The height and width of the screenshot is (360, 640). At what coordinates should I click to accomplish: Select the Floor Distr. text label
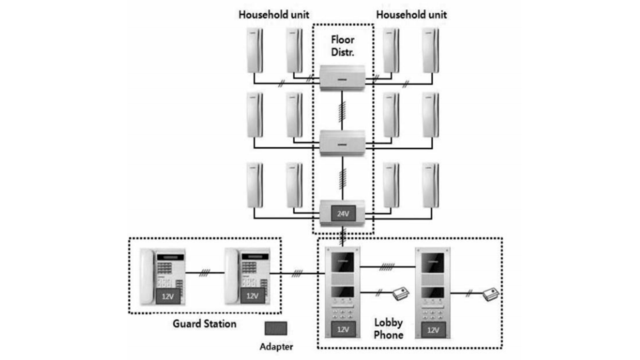point(342,47)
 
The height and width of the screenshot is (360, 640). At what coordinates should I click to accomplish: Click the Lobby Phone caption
point(389,329)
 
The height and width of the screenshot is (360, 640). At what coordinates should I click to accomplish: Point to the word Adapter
point(276,346)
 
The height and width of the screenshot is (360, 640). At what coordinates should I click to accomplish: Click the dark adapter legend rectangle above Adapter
point(275,328)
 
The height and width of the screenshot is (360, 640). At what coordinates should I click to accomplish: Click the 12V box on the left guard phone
point(169,295)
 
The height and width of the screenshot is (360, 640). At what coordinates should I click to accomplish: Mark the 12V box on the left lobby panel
point(341,329)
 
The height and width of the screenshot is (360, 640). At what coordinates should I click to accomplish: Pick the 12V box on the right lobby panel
point(433,329)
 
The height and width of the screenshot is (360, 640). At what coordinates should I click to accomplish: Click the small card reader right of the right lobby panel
point(492,292)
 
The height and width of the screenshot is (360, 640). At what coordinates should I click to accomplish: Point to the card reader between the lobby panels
point(401,293)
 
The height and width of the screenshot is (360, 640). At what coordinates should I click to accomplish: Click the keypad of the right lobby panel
point(433,311)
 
